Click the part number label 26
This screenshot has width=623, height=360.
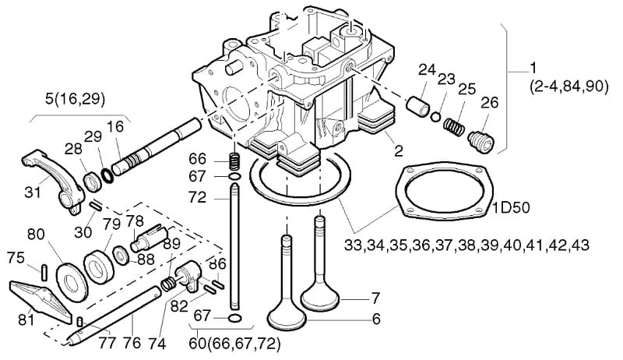coord(489,103)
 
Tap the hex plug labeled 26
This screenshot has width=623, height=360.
coord(480,141)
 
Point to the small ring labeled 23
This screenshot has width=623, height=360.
coord(436,116)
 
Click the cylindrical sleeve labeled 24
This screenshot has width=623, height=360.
coord(418,105)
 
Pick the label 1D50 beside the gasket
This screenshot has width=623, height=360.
coord(512,208)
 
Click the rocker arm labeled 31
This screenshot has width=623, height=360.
coord(54,181)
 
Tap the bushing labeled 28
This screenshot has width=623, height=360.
coord(93,182)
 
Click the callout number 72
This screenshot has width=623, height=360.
coord(198,197)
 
